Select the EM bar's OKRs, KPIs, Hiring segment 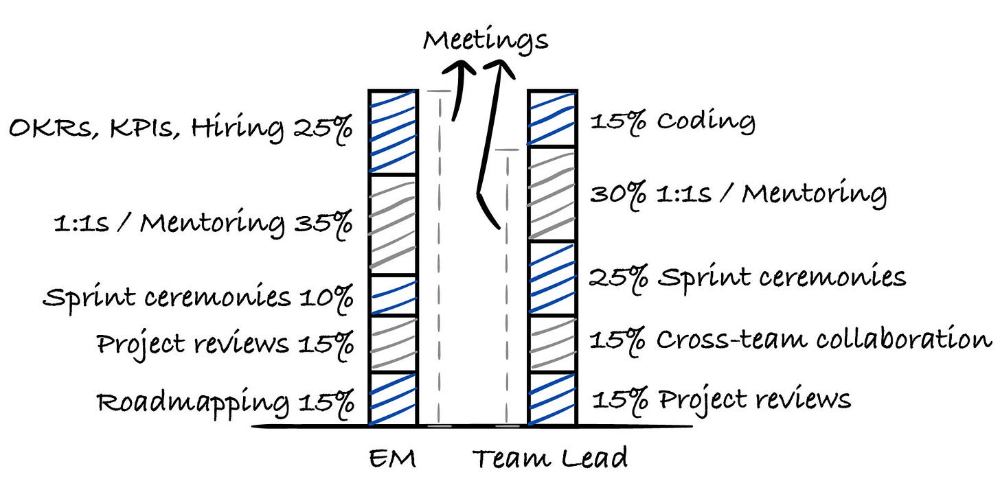click(x=393, y=132)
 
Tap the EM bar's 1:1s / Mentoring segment click(x=393, y=224)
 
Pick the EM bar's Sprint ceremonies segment click(x=393, y=295)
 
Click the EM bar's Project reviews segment click(x=393, y=343)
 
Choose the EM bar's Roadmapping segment click(x=393, y=398)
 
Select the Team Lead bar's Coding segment click(x=552, y=118)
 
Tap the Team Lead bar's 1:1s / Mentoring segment click(x=552, y=194)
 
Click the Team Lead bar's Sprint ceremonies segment click(x=552, y=279)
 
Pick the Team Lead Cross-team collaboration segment click(x=552, y=343)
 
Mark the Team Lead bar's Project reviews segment click(x=552, y=398)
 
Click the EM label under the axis click(x=392, y=458)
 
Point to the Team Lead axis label click(x=549, y=458)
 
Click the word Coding click(x=705, y=122)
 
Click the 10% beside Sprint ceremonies click(x=326, y=298)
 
